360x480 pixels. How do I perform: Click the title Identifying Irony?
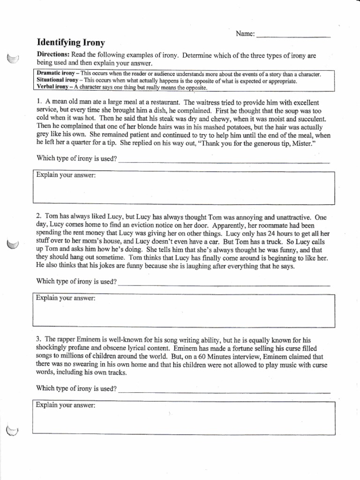[71, 43]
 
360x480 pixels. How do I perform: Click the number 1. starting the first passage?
[39, 102]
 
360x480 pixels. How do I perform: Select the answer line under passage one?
[224, 160]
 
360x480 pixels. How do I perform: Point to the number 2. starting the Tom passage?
[39, 217]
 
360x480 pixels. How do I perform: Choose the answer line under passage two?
[224, 284]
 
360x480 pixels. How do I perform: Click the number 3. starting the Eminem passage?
[39, 339]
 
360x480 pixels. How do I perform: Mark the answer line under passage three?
[224, 390]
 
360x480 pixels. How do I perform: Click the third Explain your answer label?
[66, 405]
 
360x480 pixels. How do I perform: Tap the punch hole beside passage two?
[13, 244]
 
